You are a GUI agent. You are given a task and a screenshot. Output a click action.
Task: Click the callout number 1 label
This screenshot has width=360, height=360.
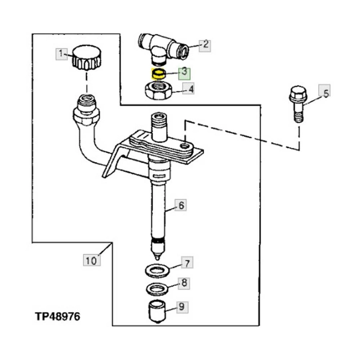click(x=61, y=54)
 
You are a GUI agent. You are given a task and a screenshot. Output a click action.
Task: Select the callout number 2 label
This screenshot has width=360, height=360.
click(x=205, y=46)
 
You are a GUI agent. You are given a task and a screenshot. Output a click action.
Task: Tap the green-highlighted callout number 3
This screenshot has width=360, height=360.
click(x=185, y=74)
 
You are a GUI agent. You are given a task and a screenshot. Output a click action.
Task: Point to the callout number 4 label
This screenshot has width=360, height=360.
click(x=188, y=88)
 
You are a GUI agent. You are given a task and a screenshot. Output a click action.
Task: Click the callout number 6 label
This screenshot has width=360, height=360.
click(x=181, y=205)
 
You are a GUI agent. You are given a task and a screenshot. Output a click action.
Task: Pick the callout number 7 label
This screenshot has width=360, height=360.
click(x=187, y=262)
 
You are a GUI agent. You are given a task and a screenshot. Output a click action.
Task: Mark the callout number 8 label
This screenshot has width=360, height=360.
click(x=184, y=283)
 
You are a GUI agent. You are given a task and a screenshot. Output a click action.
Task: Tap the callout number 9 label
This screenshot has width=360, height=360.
click(x=182, y=307)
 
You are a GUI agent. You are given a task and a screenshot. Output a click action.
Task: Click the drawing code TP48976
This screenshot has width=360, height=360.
click(x=58, y=316)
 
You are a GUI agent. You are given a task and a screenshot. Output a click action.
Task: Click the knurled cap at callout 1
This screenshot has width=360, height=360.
click(x=87, y=58)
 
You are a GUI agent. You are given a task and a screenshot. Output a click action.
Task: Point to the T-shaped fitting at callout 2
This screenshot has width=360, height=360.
click(x=164, y=48)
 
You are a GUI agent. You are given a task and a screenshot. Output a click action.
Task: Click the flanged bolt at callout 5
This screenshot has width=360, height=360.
click(x=298, y=104)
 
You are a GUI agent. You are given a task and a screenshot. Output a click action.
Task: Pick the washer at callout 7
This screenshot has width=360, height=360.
click(x=157, y=271)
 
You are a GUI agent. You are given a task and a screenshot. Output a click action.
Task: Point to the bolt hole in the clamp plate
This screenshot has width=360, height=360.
click(x=184, y=146)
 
